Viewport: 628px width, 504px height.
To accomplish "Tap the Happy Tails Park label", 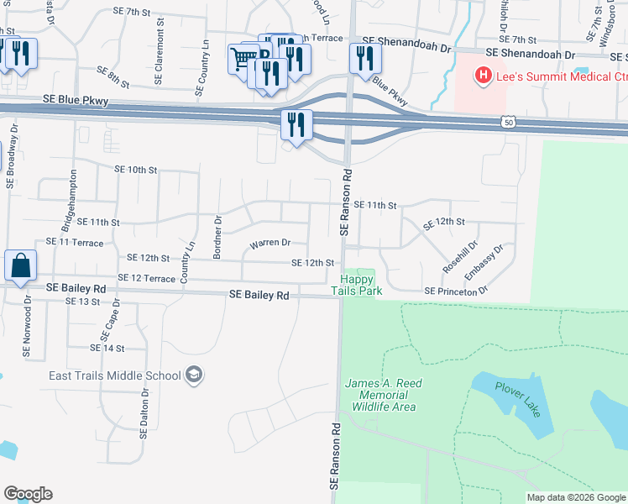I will [361, 285].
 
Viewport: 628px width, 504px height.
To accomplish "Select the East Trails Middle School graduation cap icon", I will [194, 375].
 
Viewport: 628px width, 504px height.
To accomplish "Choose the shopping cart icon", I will [243, 59].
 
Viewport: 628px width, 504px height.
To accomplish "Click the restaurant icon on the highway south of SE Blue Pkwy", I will [296, 125].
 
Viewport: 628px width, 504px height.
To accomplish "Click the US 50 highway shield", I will [510, 123].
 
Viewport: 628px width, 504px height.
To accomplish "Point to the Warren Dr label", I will [270, 243].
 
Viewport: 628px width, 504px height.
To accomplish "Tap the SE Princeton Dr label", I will [456, 291].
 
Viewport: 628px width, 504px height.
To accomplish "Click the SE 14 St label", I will [107, 348].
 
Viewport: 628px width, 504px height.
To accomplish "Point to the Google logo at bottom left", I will [28, 494].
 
